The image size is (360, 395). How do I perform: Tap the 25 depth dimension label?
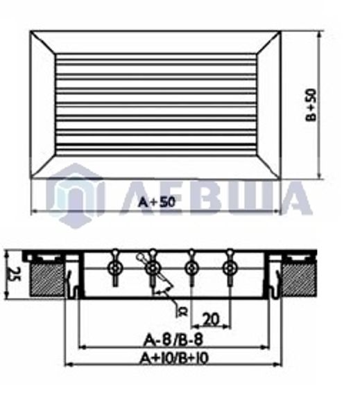(10, 274)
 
